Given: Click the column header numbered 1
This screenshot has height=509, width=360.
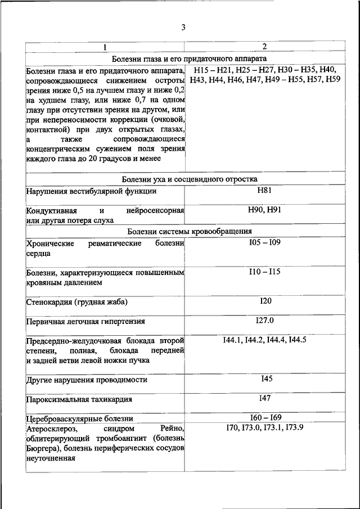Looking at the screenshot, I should [x=105, y=47].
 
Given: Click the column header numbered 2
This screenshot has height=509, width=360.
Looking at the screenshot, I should [x=264, y=47].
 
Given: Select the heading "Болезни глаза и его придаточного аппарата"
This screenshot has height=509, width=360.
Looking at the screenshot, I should [x=189, y=58].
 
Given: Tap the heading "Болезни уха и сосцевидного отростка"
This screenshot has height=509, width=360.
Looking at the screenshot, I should [x=189, y=179].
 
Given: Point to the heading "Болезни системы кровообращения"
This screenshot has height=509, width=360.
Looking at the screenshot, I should [x=189, y=231].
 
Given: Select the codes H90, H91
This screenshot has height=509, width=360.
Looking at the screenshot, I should [x=265, y=210].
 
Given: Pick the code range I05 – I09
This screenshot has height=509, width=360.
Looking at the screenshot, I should [x=265, y=243].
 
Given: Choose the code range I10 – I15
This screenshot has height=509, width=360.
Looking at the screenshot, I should [x=265, y=272].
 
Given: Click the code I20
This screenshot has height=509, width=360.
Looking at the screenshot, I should [x=265, y=301].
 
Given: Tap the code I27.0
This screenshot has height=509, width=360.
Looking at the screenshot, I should [x=265, y=321].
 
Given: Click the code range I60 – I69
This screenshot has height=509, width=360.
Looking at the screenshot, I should [x=265, y=417].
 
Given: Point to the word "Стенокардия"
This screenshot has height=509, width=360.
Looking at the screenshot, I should [x=49, y=303].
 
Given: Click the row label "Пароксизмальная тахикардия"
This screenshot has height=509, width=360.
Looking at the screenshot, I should [x=79, y=400].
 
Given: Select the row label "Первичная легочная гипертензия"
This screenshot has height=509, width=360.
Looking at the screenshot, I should [x=85, y=322].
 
